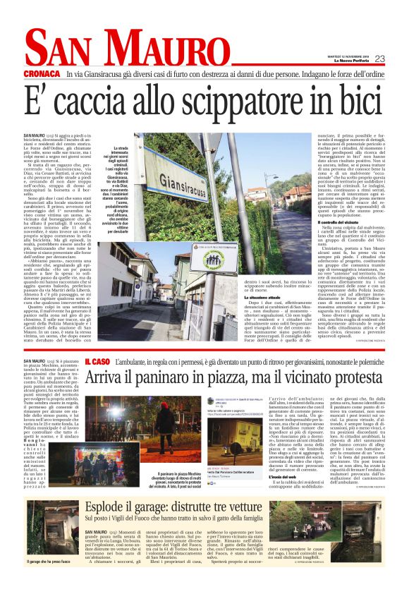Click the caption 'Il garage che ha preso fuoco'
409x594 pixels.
46,562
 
